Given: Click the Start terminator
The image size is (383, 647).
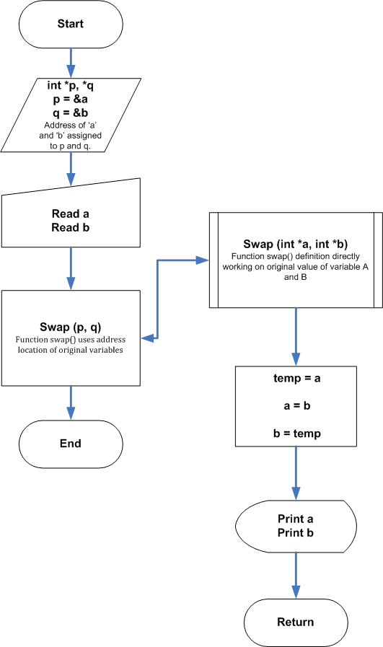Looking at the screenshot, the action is click(71, 24).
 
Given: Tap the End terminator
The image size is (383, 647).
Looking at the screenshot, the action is click(71, 444).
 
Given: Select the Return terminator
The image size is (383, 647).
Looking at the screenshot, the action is click(296, 622).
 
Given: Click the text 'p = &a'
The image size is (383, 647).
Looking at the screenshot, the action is click(70, 99).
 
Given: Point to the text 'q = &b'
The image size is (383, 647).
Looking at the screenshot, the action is click(70, 113).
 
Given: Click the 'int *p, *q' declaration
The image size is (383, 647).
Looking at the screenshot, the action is click(70, 85).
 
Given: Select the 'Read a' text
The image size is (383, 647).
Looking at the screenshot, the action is click(70, 214).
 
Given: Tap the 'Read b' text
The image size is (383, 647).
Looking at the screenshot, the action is click(70, 227).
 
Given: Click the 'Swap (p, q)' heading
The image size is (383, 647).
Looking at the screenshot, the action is click(70, 327).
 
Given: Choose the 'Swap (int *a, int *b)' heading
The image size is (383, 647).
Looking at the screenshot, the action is click(296, 244).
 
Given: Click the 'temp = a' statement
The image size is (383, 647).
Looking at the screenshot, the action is click(296, 378).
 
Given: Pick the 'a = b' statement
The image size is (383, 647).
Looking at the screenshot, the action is click(296, 405).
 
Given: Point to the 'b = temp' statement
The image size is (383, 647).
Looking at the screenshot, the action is click(296, 433).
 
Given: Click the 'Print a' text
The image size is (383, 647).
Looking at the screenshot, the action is click(296, 519).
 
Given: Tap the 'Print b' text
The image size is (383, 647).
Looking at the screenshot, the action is click(296, 533).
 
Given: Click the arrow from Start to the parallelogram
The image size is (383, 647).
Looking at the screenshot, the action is click(71, 63).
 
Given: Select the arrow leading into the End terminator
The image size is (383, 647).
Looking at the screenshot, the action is click(71, 402).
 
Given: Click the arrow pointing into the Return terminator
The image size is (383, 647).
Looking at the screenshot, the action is click(296, 576).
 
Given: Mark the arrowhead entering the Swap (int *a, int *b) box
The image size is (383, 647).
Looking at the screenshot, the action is click(202, 260).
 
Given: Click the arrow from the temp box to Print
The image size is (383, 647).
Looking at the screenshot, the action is click(296, 473).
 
